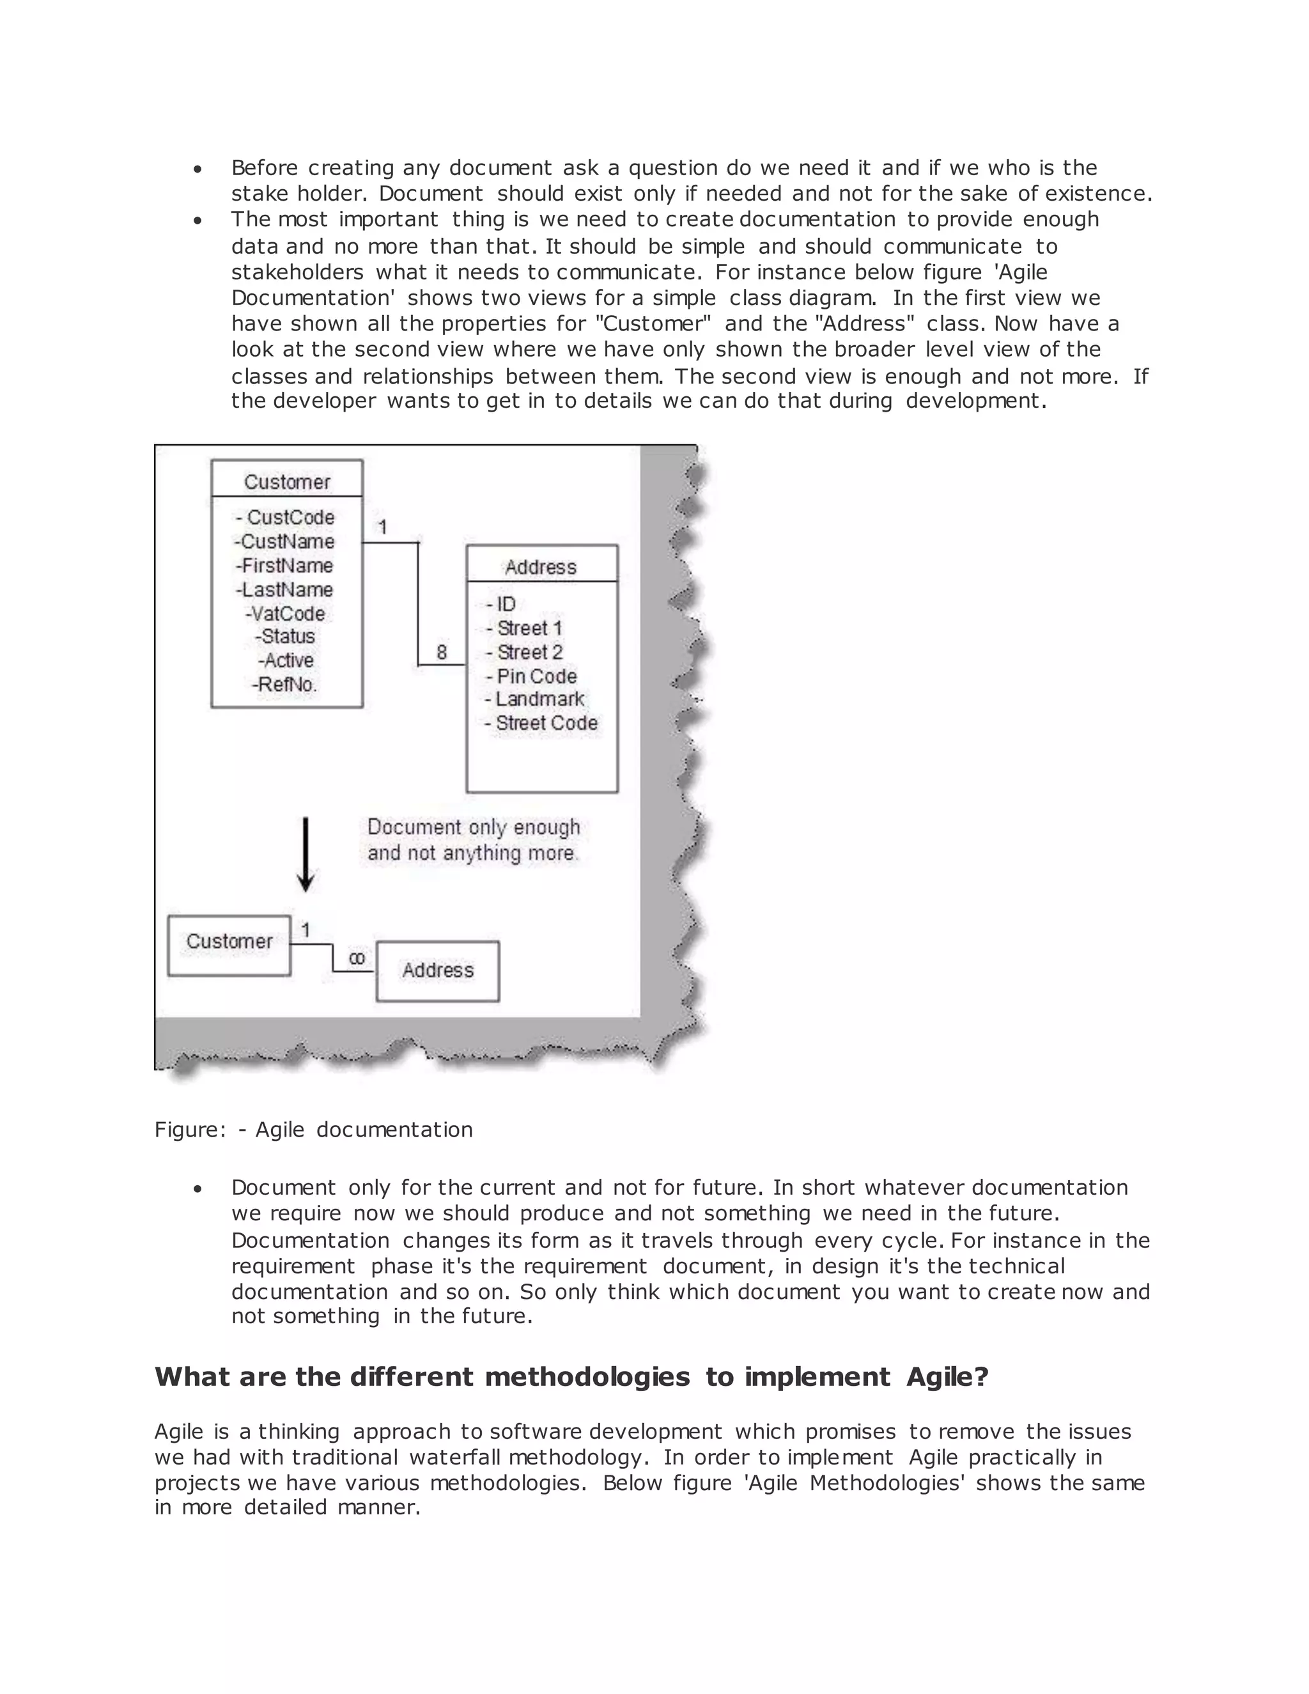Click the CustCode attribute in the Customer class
tap(286, 517)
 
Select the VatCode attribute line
tap(286, 614)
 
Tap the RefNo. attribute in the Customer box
tap(284, 684)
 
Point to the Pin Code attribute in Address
tap(532, 676)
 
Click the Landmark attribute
tap(535, 699)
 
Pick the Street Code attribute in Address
tap(541, 723)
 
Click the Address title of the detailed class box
tap(541, 567)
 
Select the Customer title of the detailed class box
tap(287, 482)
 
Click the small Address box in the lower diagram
tap(437, 970)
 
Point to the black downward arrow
tap(306, 854)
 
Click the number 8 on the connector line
tap(441, 652)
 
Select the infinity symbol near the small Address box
tap(356, 959)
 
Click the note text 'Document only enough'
tap(473, 828)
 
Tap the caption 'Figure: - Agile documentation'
tap(313, 1130)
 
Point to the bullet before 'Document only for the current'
tap(199, 1189)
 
